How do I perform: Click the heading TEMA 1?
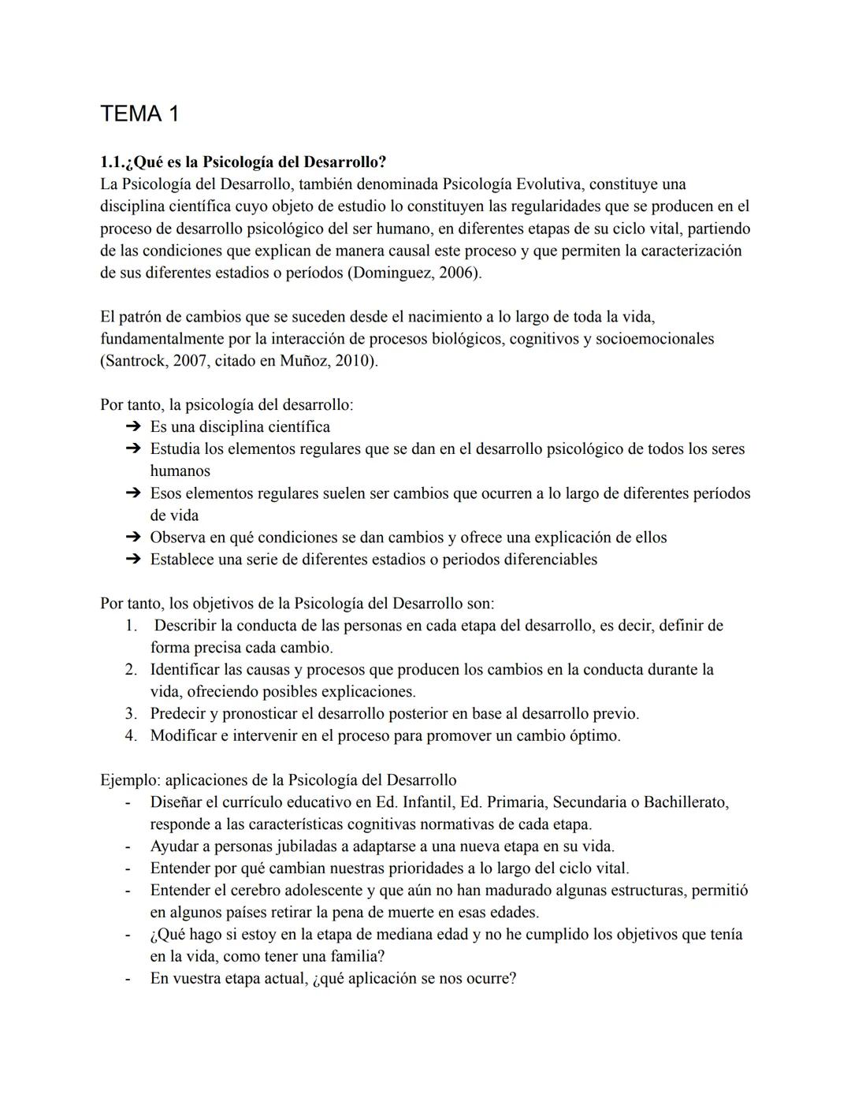click(x=139, y=114)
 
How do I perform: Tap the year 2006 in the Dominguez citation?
click(x=457, y=273)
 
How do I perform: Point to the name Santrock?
click(x=134, y=361)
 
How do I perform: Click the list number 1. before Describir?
click(x=131, y=626)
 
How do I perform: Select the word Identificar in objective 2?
click(x=185, y=670)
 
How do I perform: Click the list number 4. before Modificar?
click(x=131, y=736)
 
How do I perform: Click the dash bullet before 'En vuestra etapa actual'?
click(x=127, y=979)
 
